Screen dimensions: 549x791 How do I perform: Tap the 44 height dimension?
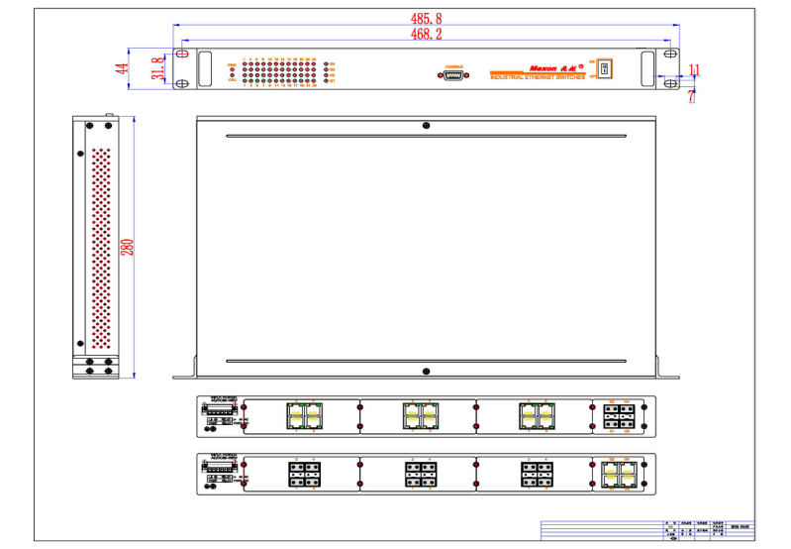(x=122, y=68)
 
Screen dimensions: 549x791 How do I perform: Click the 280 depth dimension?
(x=128, y=247)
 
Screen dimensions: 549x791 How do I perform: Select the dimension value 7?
(x=691, y=96)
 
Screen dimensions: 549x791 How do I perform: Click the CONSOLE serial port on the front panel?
(x=454, y=75)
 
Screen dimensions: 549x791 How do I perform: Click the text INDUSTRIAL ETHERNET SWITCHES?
(x=538, y=76)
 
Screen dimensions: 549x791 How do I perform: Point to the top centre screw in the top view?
(x=426, y=126)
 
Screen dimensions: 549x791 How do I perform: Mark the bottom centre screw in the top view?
(x=426, y=372)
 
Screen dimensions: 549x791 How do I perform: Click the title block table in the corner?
(x=647, y=531)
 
